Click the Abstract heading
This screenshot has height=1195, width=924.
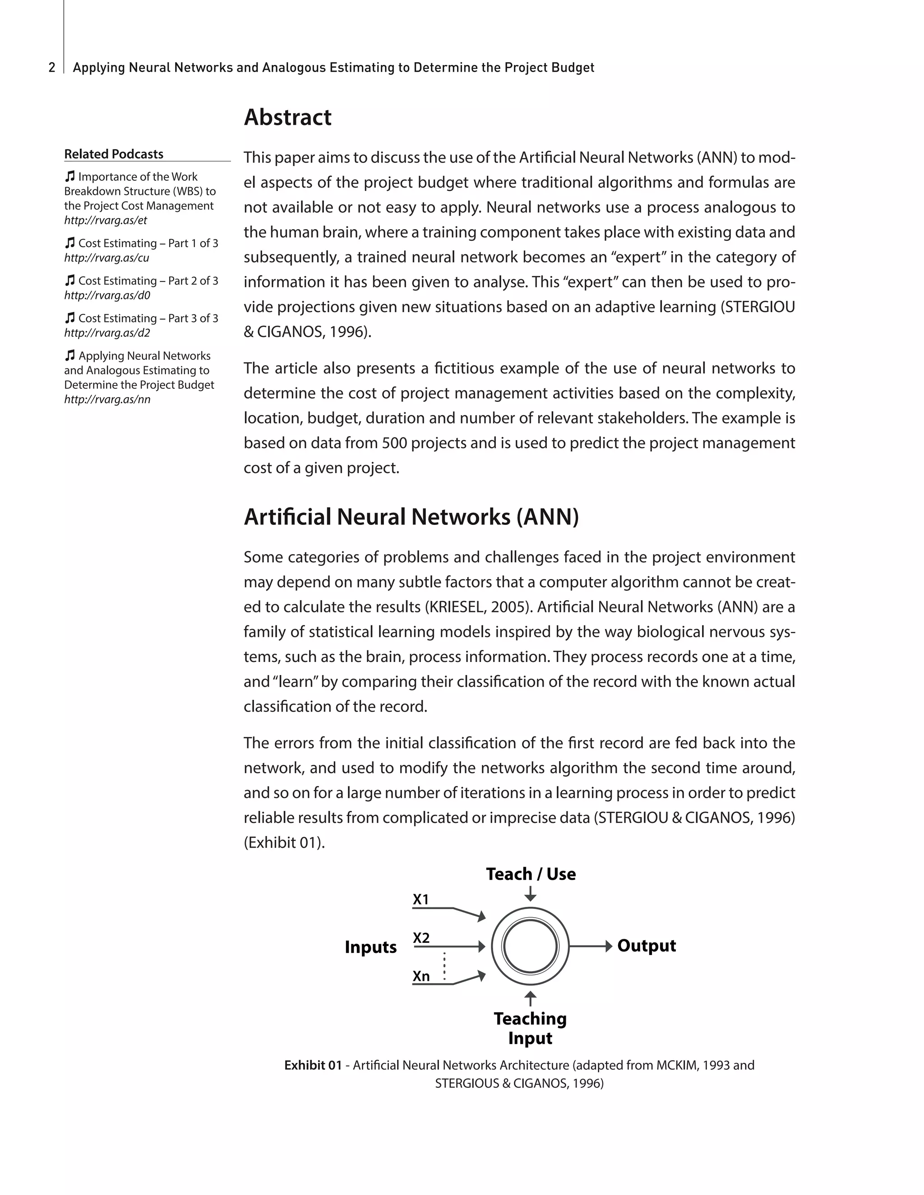click(287, 117)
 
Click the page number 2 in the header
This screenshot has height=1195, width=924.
click(52, 68)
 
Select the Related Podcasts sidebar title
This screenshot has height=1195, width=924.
click(114, 154)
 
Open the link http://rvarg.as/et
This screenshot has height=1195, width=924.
click(106, 221)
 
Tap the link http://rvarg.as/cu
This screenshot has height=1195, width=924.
click(107, 257)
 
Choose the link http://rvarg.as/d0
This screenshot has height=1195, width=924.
click(107, 295)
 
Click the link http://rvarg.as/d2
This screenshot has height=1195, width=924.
click(107, 333)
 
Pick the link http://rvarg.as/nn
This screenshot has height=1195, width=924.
click(107, 400)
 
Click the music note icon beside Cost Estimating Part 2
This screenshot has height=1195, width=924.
click(69, 280)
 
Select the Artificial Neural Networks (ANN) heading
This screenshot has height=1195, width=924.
click(411, 517)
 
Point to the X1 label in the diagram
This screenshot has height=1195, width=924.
click(421, 900)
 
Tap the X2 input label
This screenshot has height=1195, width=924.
click(421, 938)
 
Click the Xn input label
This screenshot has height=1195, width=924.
click(421, 976)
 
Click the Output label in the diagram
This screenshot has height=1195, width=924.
click(647, 946)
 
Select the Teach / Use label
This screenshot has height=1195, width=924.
click(531, 874)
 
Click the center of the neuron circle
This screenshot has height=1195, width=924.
click(530, 946)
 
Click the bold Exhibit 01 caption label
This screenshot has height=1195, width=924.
click(313, 1065)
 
